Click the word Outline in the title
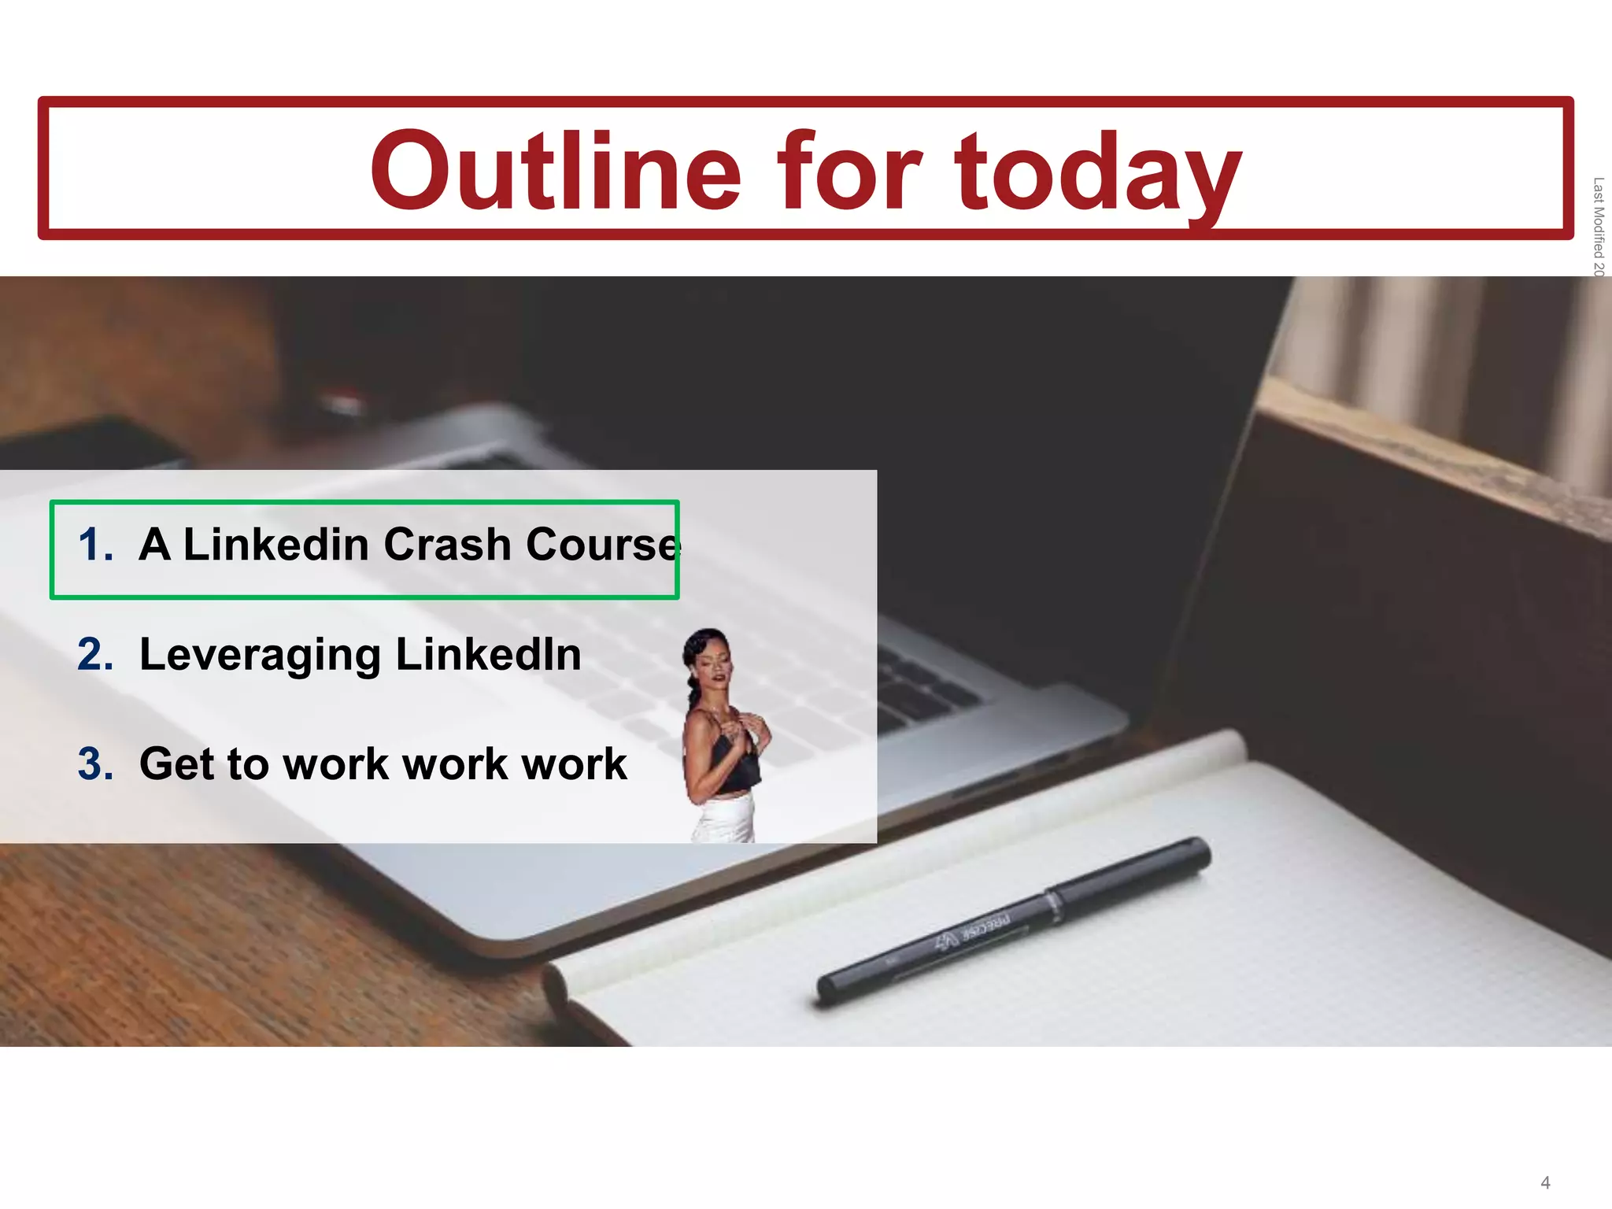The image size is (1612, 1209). click(556, 172)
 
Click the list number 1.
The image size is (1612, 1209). click(94, 545)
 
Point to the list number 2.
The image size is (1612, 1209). click(94, 655)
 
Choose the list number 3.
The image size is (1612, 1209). click(94, 764)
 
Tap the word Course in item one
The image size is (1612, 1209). click(601, 545)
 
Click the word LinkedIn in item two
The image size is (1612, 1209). click(488, 655)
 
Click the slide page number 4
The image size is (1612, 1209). click(1545, 1183)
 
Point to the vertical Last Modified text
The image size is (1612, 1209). click(1598, 227)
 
